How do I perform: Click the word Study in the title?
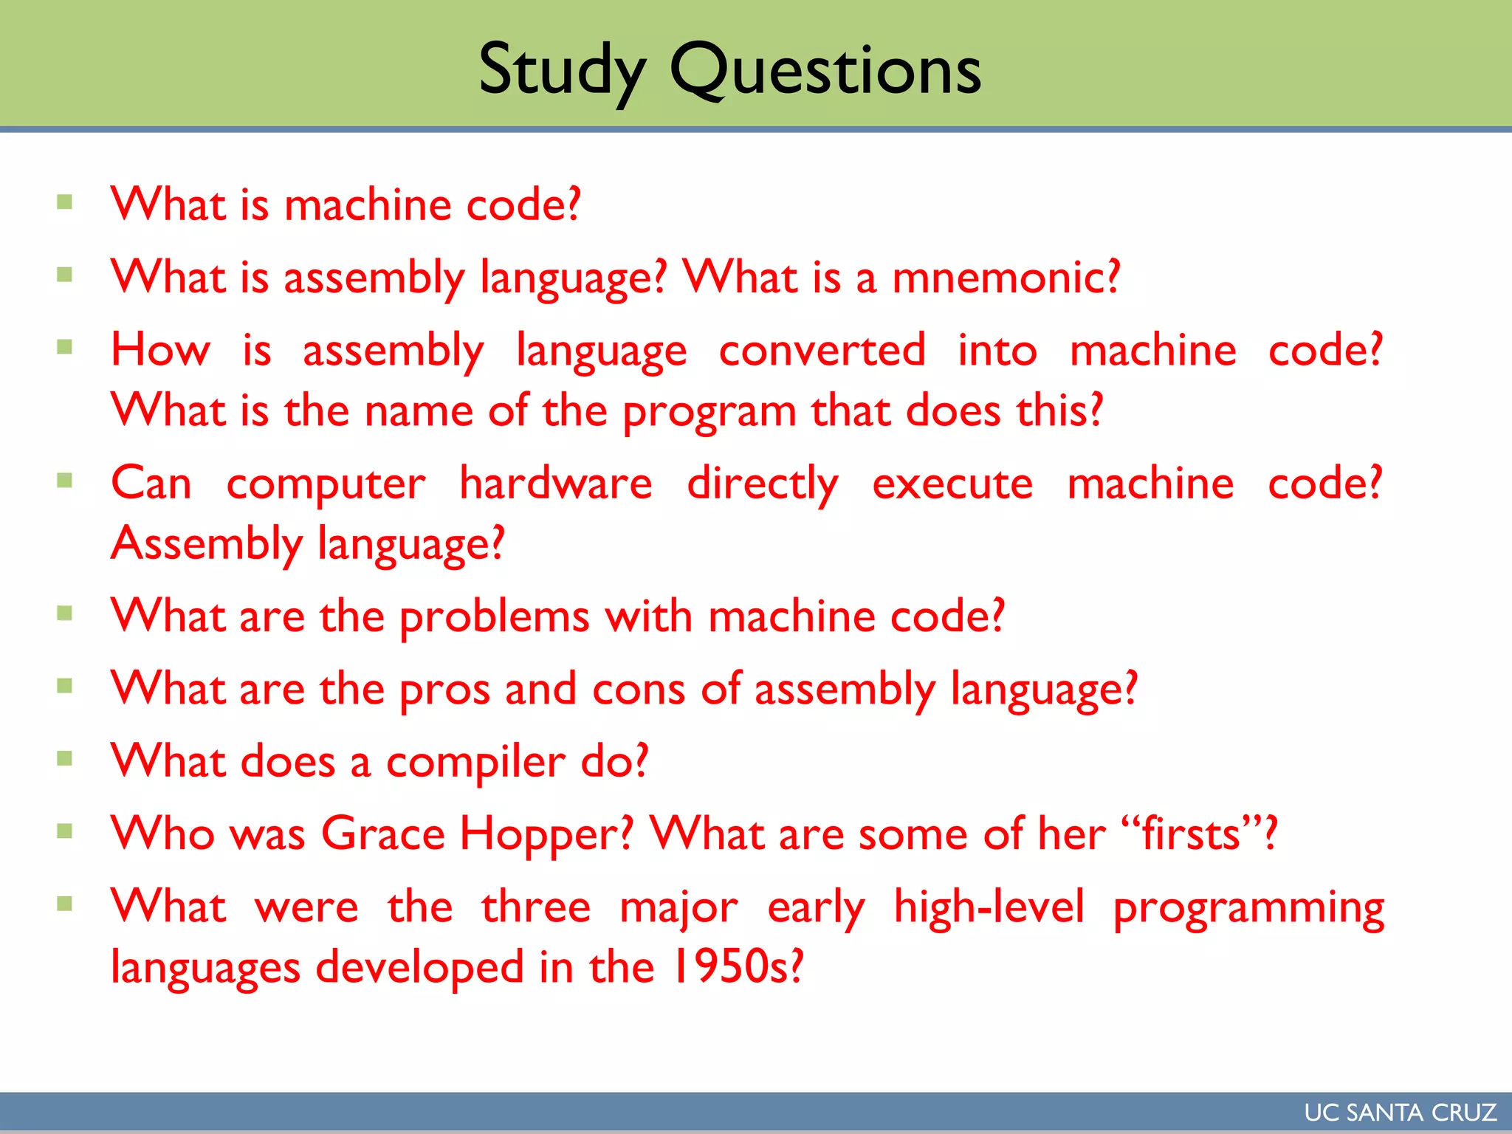point(562,71)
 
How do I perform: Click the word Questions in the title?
point(825,71)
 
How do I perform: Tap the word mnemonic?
point(1006,278)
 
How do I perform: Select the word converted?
point(822,350)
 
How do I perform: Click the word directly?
point(763,485)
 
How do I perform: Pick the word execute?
point(952,484)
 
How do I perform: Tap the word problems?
point(494,617)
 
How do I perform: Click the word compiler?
point(475,763)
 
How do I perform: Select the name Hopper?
point(546,835)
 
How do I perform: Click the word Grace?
point(383,834)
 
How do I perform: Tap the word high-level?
point(989,907)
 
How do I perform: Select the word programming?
point(1248,909)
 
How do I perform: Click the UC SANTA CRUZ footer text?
point(1400,1113)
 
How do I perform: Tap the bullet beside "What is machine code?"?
point(65,202)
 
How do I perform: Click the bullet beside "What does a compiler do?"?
point(65,758)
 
